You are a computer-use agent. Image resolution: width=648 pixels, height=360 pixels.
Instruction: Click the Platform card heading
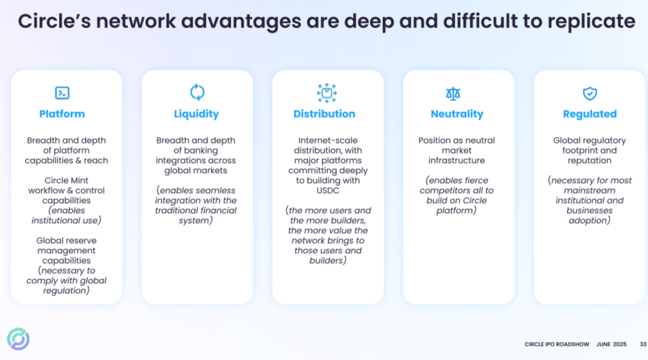[62, 114]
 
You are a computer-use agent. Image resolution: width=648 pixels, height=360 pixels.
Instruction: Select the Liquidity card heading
[196, 114]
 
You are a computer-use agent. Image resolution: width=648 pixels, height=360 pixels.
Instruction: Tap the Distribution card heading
[324, 114]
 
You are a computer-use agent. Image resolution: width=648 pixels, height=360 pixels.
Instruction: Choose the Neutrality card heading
[457, 114]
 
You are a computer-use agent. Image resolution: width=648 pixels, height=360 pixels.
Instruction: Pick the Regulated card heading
[590, 114]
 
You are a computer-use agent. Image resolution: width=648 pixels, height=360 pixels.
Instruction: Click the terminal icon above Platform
[62, 92]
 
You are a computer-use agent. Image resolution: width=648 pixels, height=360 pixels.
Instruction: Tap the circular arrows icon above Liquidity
[197, 92]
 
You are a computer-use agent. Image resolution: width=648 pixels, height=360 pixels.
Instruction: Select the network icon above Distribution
[327, 92]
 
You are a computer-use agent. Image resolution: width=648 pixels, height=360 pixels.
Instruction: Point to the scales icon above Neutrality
[453, 93]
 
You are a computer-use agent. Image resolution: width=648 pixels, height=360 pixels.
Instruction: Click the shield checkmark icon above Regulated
[590, 93]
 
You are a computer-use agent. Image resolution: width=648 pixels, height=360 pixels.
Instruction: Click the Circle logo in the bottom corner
[18, 339]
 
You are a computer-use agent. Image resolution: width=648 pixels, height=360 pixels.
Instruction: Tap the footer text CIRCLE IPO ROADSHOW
[557, 344]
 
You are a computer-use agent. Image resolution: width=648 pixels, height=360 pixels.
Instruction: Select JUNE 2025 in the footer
[611, 344]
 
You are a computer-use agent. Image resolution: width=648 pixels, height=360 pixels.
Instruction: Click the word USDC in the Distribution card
[328, 191]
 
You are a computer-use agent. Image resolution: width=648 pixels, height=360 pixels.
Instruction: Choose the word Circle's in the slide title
[54, 21]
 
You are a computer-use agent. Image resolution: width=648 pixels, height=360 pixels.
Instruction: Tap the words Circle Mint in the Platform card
[66, 181]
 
